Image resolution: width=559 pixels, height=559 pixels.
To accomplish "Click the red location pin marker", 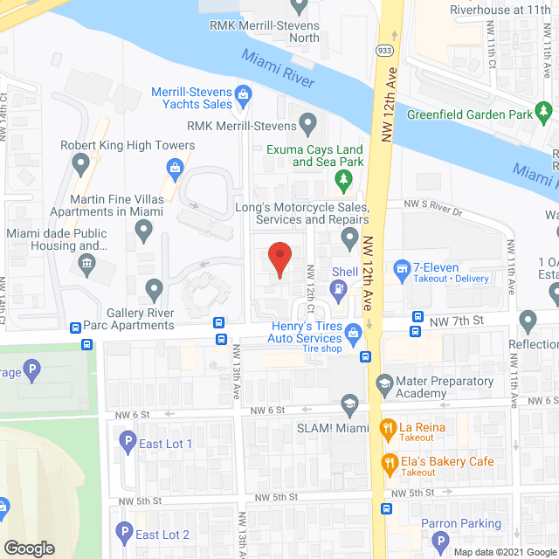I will [279, 259].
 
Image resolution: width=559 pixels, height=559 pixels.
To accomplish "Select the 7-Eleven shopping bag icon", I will [403, 268].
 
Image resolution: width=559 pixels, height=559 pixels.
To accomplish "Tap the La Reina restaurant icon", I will [388, 428].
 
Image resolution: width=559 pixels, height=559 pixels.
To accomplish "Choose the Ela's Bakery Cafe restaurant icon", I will [388, 462].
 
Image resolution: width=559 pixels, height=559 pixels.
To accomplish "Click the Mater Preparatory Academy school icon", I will [383, 382].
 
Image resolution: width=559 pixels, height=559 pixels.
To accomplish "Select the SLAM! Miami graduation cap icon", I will [349, 404].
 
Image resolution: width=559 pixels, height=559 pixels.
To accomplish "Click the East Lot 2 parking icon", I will [123, 534].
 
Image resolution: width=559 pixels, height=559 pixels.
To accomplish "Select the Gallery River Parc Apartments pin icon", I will [155, 288].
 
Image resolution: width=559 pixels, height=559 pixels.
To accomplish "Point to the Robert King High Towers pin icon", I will [82, 162].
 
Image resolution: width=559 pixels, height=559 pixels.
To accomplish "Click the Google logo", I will [29, 549].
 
